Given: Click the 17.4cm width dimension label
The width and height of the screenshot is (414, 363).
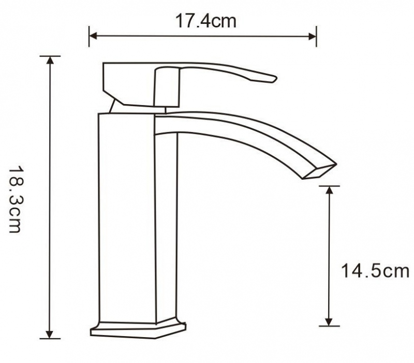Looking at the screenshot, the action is click(205, 21).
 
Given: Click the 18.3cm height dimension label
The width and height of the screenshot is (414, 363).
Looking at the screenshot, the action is click(15, 199).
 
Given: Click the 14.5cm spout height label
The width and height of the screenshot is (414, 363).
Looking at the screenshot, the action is click(375, 270).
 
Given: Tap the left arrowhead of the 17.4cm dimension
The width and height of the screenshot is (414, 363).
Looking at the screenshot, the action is click(93, 36).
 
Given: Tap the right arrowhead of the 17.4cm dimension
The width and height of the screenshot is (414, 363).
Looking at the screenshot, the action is click(312, 36).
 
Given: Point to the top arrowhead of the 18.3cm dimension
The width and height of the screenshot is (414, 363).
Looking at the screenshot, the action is click(50, 60).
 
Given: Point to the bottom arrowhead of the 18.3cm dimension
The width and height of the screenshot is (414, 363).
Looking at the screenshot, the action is click(50, 335).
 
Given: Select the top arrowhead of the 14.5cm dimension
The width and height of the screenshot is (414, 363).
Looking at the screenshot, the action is click(329, 190).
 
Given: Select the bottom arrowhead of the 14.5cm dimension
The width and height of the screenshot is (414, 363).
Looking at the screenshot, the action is click(329, 322).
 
